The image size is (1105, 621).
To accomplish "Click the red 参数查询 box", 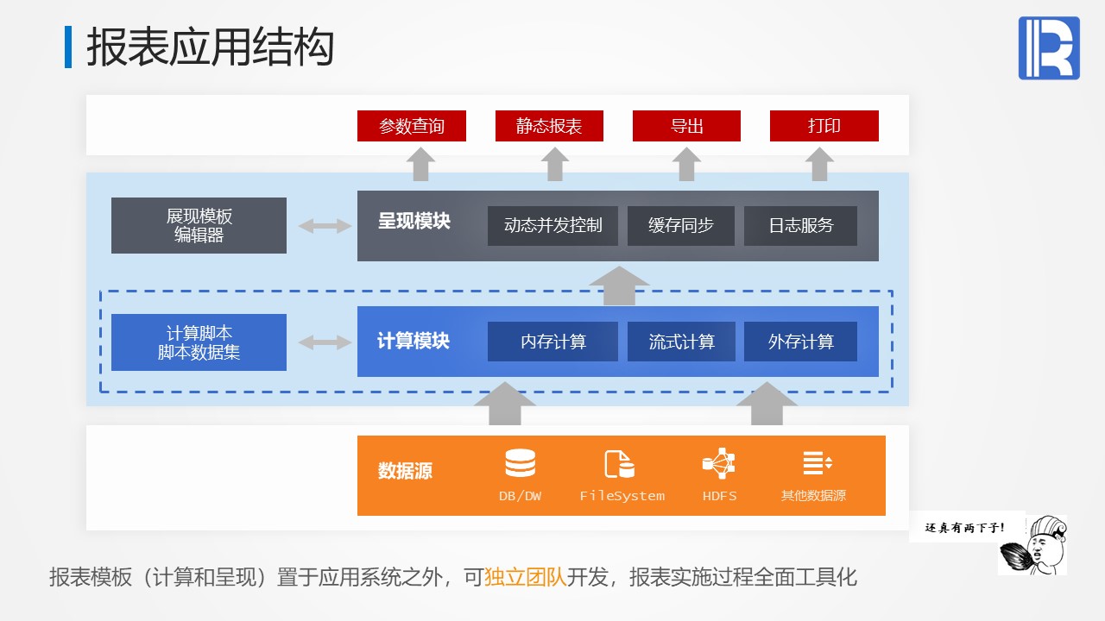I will (x=412, y=126).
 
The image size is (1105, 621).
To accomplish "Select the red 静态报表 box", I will (x=549, y=126).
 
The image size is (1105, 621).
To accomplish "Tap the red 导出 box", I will (x=686, y=126).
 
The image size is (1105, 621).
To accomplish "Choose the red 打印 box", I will (x=824, y=126).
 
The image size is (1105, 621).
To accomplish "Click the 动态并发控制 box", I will (x=552, y=226).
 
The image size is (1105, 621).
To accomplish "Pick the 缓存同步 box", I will (x=681, y=226).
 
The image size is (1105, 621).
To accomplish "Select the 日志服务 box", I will (x=800, y=226).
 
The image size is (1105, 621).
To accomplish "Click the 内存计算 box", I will (x=552, y=342).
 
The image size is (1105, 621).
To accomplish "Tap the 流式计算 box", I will (x=681, y=342).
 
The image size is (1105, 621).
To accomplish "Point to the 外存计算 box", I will (x=800, y=342).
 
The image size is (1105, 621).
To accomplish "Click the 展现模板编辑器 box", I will (x=199, y=225).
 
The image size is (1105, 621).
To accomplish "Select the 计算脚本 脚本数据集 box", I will (x=199, y=342).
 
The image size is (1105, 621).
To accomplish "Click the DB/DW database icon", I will (x=520, y=464).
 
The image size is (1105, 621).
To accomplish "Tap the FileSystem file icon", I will (x=619, y=464).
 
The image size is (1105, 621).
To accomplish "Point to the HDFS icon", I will (x=718, y=464).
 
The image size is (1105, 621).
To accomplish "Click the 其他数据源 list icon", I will (x=816, y=463).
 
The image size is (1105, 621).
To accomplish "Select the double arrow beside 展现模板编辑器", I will (x=325, y=226).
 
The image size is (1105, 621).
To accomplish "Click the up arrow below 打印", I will (x=818, y=164).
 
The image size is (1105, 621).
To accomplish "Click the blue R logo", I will (x=1049, y=48).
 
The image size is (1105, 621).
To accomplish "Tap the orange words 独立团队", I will (x=526, y=577).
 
